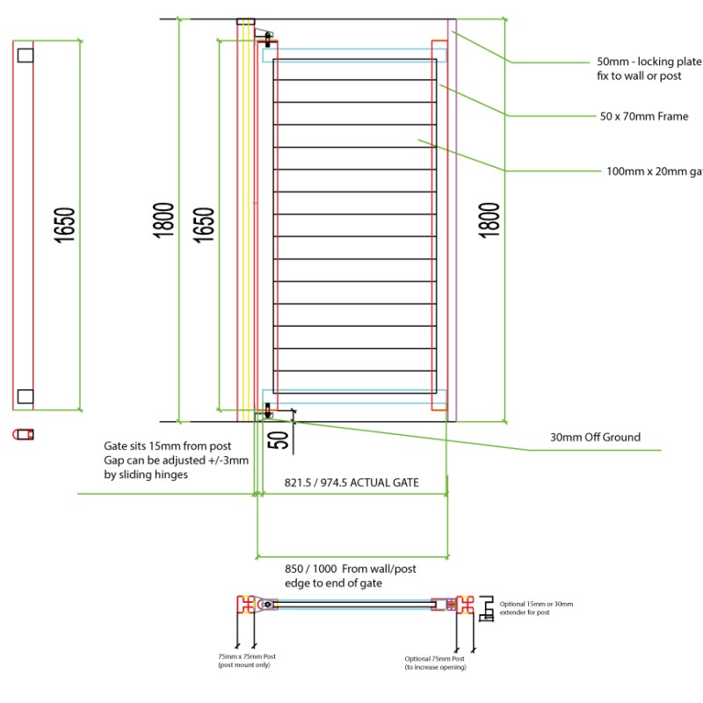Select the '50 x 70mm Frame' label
tap(644, 116)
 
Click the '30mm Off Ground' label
tap(595, 437)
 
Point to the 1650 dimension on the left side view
tap(64, 224)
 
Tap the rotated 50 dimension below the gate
tap(280, 438)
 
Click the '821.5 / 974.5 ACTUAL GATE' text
tap(351, 483)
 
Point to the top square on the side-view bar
tap(25, 54)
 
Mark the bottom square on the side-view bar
tap(25, 396)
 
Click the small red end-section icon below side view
tap(24, 434)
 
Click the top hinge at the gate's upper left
tap(264, 36)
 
